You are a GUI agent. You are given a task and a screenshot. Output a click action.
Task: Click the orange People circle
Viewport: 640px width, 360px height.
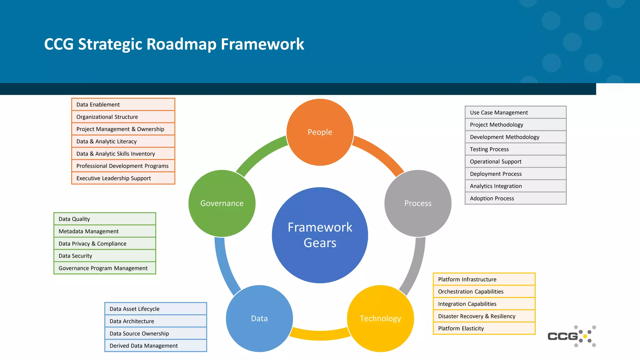(320, 132)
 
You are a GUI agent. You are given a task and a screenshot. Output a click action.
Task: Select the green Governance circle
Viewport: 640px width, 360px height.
(222, 203)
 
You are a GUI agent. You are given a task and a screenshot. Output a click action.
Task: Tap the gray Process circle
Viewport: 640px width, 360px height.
(418, 203)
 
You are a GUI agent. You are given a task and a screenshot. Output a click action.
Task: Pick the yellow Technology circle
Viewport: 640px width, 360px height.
(380, 318)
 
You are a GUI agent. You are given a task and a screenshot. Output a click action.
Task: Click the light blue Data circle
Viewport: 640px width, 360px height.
(259, 318)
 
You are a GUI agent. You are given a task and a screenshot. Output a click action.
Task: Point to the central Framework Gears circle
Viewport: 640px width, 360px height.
(320, 235)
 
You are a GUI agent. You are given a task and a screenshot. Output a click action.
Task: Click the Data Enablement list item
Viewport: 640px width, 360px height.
(123, 104)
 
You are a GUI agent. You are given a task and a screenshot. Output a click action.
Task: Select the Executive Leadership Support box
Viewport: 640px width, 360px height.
(123, 178)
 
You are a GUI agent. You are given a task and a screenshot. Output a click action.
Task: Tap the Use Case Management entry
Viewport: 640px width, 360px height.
(515, 112)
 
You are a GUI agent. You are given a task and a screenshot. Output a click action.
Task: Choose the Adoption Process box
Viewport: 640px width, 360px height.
(515, 198)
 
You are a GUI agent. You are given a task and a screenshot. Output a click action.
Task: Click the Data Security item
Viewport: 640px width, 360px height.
(105, 256)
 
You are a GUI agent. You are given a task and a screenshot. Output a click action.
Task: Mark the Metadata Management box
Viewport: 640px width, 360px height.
(105, 231)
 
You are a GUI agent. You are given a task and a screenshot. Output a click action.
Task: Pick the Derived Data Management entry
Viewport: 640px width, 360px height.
(156, 346)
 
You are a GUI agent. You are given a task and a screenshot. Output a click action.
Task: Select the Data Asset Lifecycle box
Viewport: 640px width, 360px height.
(156, 309)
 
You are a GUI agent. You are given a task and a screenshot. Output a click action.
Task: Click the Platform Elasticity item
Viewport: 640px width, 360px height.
(484, 328)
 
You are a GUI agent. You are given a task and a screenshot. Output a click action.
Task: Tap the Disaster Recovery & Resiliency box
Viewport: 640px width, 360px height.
(484, 316)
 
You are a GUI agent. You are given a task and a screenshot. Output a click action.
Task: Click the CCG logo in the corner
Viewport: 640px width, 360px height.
(571, 336)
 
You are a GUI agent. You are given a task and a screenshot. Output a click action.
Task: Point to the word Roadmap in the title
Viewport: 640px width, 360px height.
(181, 44)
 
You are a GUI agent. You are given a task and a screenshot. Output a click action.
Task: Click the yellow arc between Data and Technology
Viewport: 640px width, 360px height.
(320, 335)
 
